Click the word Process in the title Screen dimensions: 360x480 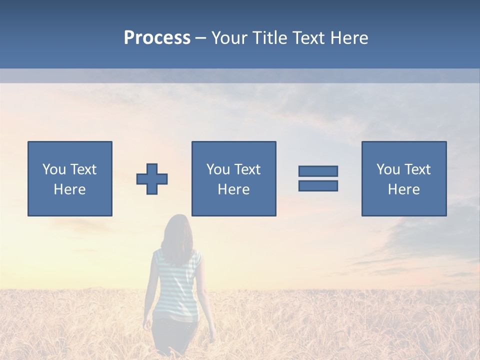click(x=157, y=38)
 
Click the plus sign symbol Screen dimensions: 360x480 click(x=152, y=178)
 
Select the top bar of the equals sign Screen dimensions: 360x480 click(x=318, y=171)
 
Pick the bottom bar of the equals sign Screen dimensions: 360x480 click(x=318, y=185)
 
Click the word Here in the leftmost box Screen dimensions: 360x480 click(x=69, y=189)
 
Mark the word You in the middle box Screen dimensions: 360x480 click(x=218, y=169)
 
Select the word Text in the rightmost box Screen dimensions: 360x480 click(x=416, y=169)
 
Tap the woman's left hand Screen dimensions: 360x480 click(x=146, y=325)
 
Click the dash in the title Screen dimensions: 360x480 click(x=200, y=38)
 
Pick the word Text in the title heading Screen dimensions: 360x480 click(x=308, y=38)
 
